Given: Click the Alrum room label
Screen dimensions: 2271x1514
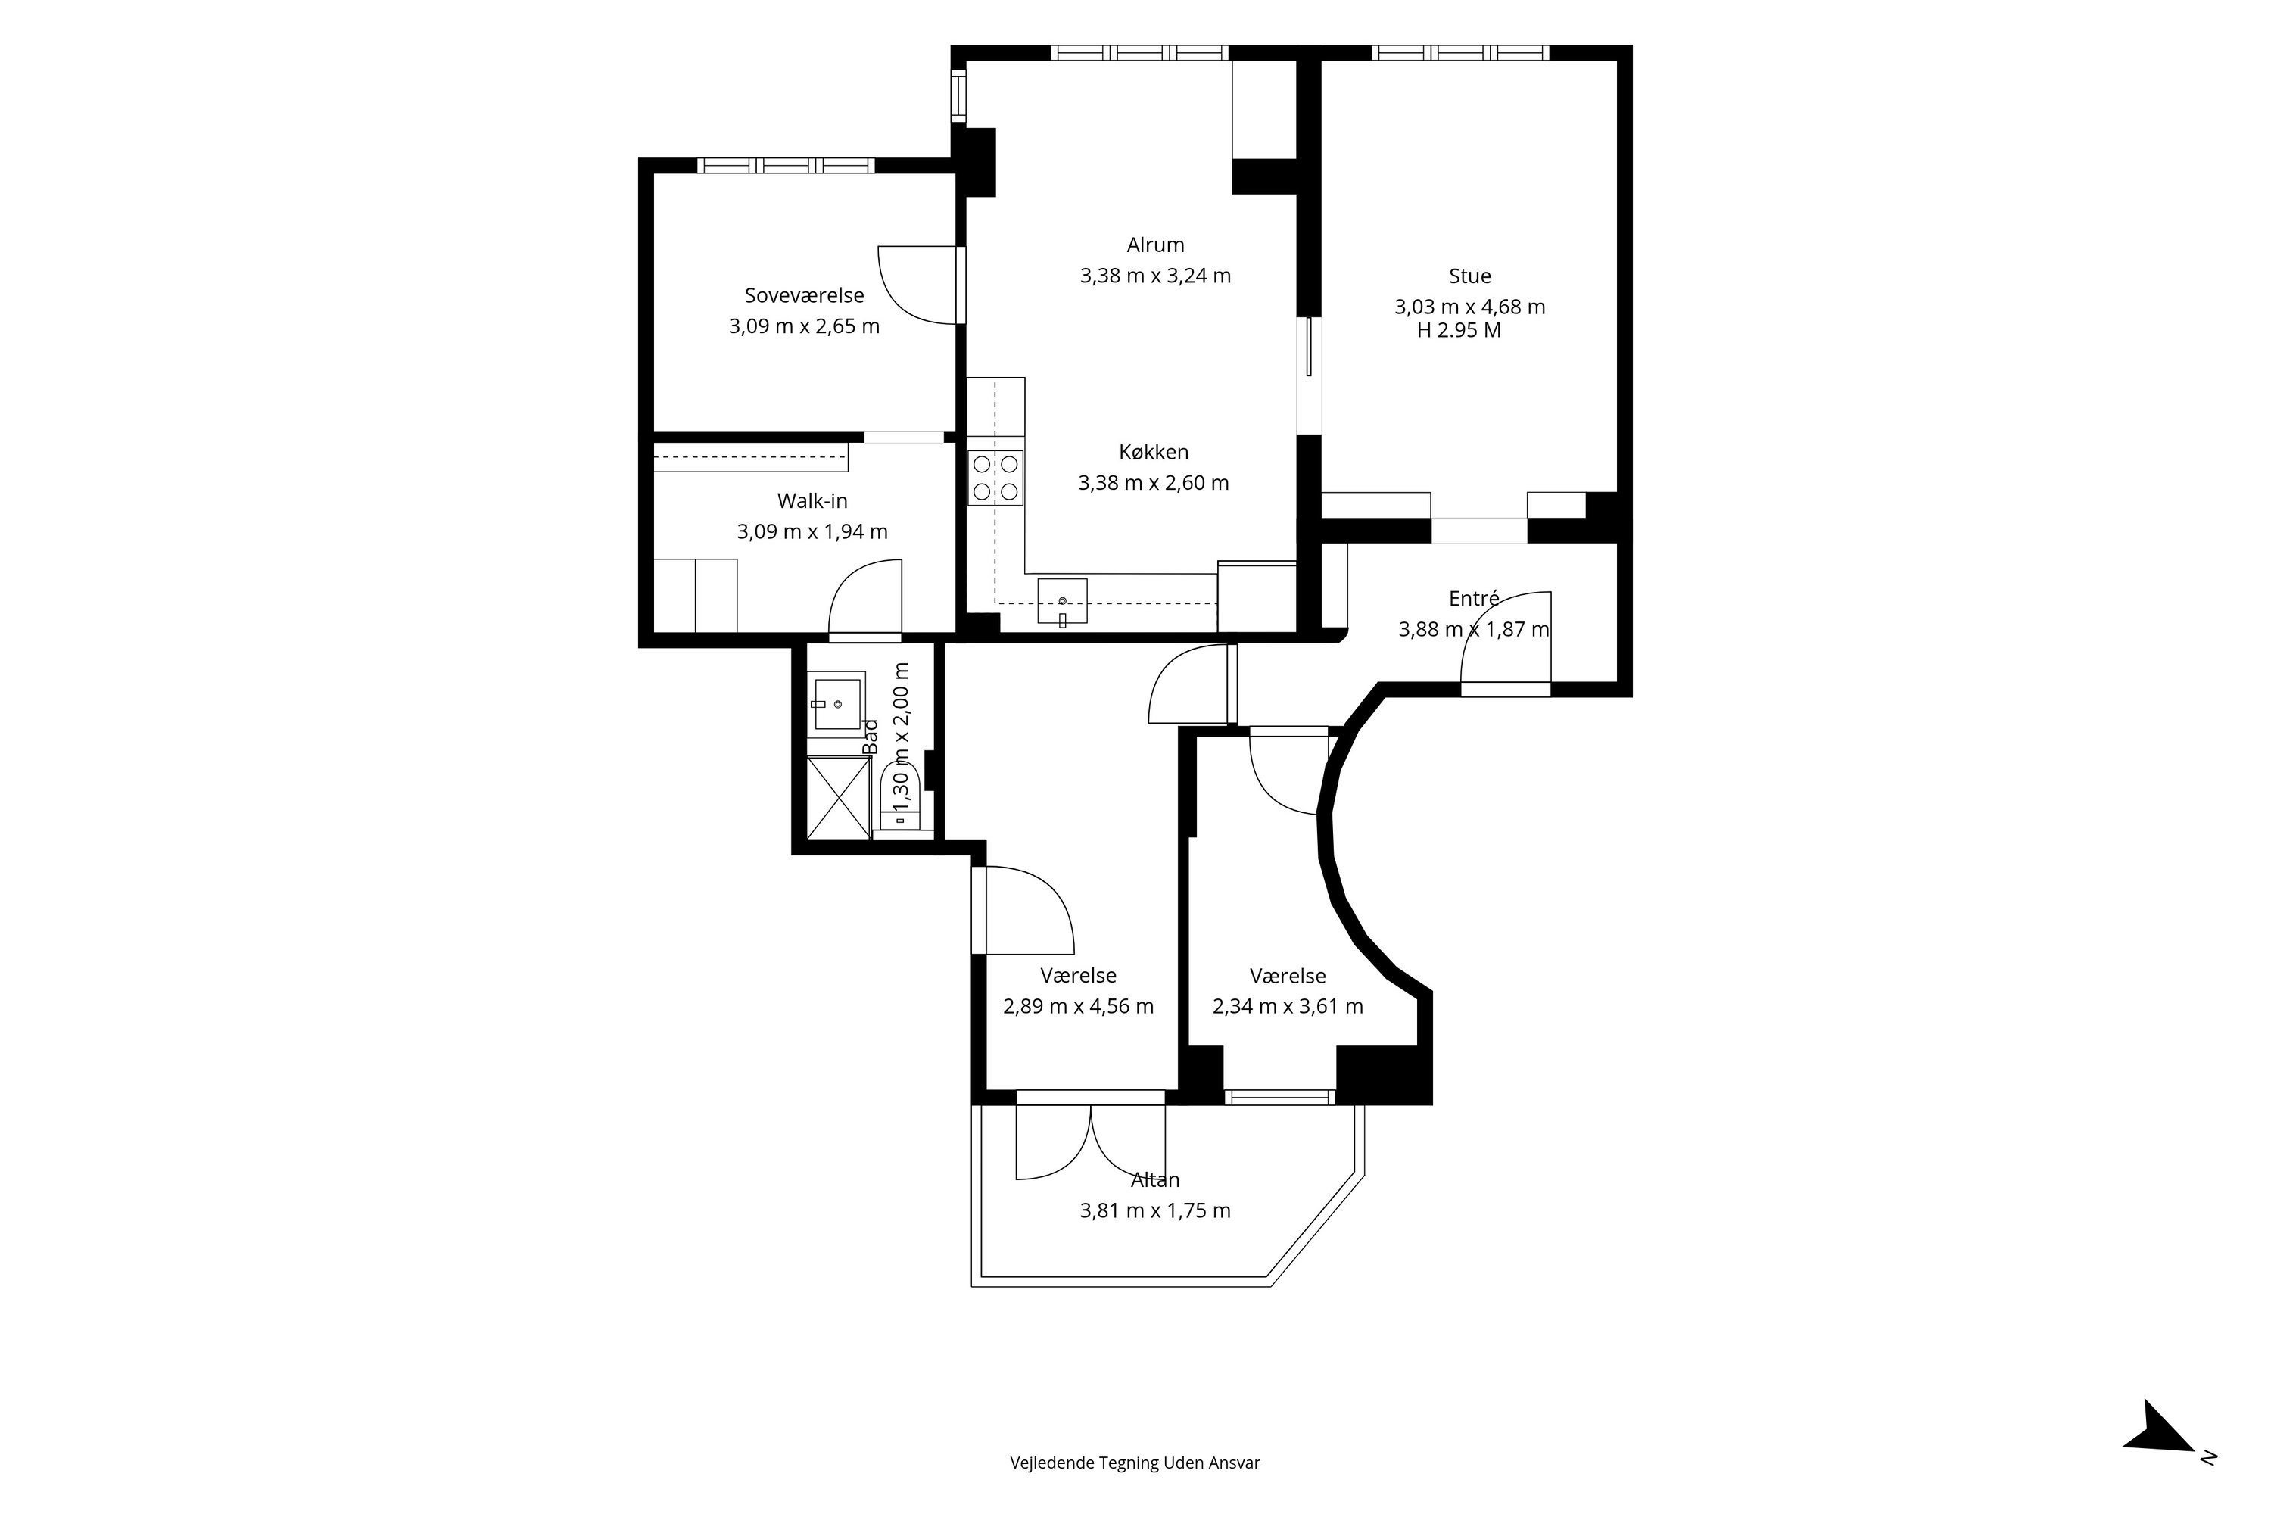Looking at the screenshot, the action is [x=1155, y=245].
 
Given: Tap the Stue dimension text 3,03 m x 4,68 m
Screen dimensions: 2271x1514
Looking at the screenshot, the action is [x=1469, y=307].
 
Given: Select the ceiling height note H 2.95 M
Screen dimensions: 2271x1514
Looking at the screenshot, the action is [x=1459, y=330].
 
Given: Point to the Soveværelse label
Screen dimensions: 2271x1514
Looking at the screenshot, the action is [x=804, y=295].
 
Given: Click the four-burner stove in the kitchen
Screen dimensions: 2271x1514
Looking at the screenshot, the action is [x=995, y=478].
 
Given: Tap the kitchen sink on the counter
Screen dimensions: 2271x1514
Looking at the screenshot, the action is [x=1062, y=603].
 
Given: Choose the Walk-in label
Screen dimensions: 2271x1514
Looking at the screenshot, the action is [x=812, y=501].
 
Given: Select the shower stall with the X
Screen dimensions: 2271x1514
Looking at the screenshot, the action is [x=838, y=798].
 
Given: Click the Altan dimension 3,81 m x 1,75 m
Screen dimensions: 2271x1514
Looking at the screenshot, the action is [x=1155, y=1210].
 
